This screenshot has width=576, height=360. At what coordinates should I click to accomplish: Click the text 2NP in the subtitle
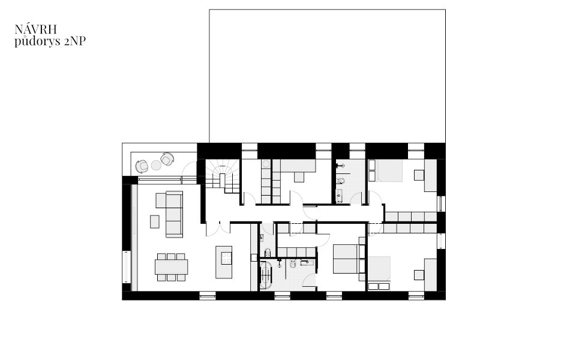75,41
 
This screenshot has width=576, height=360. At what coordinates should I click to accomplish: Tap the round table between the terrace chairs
156,166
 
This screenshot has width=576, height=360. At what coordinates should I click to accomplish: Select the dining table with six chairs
171,267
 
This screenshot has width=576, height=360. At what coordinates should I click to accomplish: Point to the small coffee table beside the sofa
155,221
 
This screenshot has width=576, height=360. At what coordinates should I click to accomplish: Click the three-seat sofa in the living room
174,214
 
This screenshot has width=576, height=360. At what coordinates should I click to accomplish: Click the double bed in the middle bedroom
346,259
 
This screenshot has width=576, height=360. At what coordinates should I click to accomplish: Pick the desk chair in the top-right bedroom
419,175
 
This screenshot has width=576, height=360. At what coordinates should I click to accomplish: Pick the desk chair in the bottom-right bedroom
419,275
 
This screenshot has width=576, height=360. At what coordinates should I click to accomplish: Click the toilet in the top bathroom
340,181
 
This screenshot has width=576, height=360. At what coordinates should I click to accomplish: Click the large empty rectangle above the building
328,76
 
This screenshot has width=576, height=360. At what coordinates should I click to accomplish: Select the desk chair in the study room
299,177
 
